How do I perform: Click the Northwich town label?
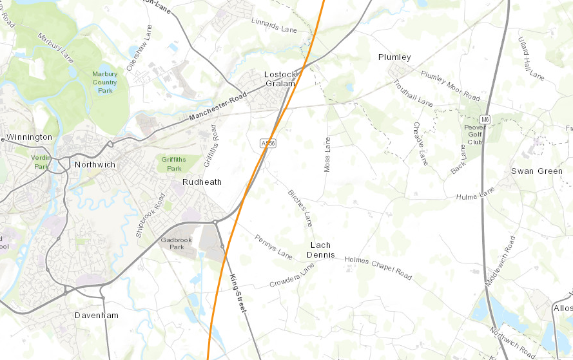[x=95, y=164]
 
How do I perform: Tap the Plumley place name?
[x=394, y=57]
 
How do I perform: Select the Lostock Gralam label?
[x=280, y=79]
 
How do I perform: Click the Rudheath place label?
[x=202, y=182]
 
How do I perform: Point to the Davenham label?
[x=97, y=316]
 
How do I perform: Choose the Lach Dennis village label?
[x=321, y=250]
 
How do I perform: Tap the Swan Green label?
[x=536, y=171]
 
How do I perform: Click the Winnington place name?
[x=29, y=137]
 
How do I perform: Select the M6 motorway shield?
[x=485, y=119]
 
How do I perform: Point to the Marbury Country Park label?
[x=104, y=82]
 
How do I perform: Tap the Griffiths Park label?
[x=174, y=164]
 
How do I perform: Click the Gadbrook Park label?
[x=172, y=243]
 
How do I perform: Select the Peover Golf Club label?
[x=475, y=135]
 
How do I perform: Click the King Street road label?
[x=237, y=294]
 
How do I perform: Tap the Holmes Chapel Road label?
[x=378, y=268]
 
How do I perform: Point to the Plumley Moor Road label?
[x=450, y=86]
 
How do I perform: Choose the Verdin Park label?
[x=41, y=162]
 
